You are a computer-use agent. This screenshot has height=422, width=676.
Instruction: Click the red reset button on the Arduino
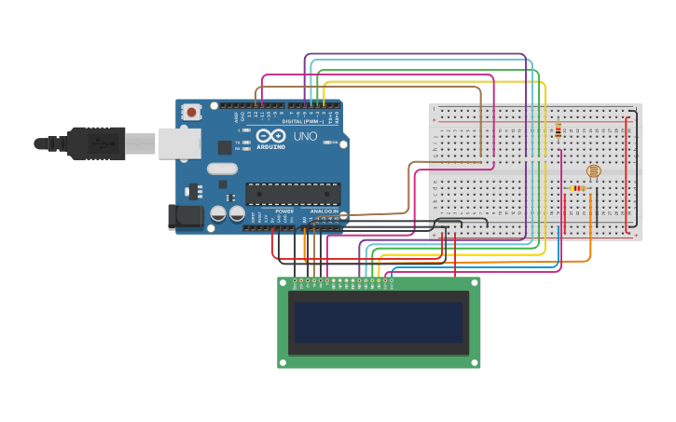[x=191, y=112]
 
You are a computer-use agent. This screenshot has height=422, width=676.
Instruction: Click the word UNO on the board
[x=306, y=136]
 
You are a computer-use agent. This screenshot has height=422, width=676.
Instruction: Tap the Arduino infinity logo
[x=270, y=136]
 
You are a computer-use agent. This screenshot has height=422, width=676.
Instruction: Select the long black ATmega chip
[x=293, y=194]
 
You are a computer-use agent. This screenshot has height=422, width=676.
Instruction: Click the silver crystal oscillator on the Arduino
[x=223, y=169]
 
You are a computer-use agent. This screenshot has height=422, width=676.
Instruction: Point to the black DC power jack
[x=185, y=217]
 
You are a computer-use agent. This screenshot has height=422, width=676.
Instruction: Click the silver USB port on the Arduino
[x=179, y=143]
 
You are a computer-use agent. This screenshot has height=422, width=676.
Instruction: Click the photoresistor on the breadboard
[x=593, y=171]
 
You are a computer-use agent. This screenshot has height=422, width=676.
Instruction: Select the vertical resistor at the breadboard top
[x=558, y=130]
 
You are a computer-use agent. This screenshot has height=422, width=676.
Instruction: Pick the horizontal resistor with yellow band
[x=577, y=188]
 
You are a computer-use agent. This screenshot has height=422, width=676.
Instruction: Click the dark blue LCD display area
[x=379, y=322]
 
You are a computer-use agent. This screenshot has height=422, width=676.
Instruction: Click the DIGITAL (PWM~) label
[x=305, y=122]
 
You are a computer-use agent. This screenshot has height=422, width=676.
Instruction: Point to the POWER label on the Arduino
[x=284, y=211]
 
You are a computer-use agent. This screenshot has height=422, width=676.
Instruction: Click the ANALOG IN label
[x=324, y=211]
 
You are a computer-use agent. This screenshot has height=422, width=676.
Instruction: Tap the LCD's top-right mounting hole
[x=475, y=282]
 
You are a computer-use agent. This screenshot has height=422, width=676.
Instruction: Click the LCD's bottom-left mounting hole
[x=283, y=362]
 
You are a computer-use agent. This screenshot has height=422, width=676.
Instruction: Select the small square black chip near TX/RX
[x=225, y=147]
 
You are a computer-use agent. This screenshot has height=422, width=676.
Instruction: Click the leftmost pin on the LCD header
[x=296, y=279]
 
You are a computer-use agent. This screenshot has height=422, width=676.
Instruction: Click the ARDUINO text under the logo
[x=271, y=147]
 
